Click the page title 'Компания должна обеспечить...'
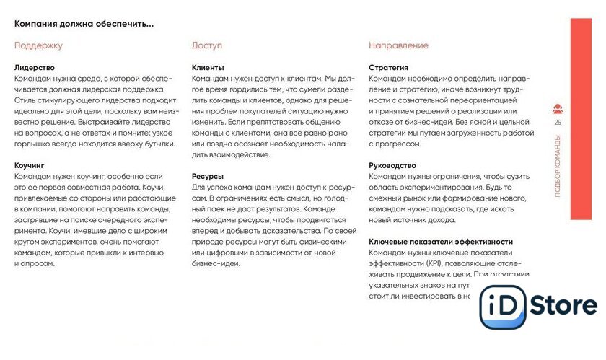(x=84, y=24)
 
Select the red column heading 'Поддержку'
(x=38, y=45)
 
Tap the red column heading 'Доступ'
(x=207, y=45)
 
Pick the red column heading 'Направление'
(x=398, y=45)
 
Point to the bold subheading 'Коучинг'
(x=31, y=165)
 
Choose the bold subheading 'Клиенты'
(x=208, y=68)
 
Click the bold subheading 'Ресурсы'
(x=208, y=176)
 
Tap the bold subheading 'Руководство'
(x=392, y=165)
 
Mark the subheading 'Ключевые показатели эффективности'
(x=441, y=242)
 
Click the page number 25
(x=558, y=123)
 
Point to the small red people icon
(x=558, y=109)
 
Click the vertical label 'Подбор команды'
(x=558, y=170)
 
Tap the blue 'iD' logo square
(x=503, y=307)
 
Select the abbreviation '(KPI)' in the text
(x=436, y=263)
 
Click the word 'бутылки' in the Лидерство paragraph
(x=157, y=144)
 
